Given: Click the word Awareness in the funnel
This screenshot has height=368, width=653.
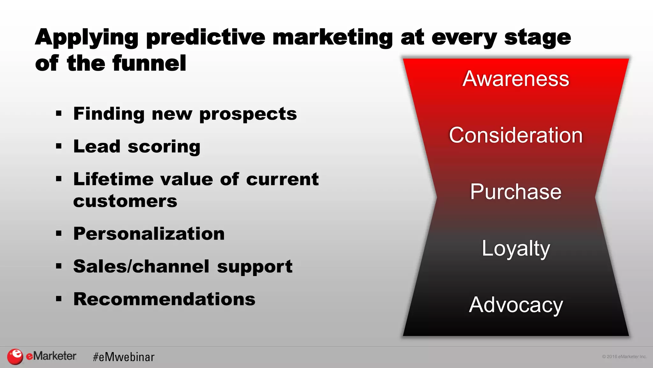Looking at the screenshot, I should pos(516,79).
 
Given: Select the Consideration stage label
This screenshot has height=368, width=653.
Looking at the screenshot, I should pos(516,135).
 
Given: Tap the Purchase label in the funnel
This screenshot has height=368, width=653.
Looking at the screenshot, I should pos(516,192).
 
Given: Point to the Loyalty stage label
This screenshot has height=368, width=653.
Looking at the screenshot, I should pos(516,248).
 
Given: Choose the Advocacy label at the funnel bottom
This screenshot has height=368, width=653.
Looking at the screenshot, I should pos(516,305).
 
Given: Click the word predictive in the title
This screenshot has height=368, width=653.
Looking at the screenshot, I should pos(206,38).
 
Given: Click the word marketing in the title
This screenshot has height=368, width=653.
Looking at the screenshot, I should pos(332,38).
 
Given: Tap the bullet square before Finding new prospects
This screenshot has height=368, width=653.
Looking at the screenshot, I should pos(59,113).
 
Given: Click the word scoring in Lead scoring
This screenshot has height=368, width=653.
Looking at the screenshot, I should pos(164,147).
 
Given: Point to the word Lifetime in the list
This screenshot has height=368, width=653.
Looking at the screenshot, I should pos(113,179).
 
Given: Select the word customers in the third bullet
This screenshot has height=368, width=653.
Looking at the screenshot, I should pos(125,201).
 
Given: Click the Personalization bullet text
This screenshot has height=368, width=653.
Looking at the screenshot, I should pos(149,234).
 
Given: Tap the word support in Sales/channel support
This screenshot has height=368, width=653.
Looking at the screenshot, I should pos(254,267).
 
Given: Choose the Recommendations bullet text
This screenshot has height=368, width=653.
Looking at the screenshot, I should pos(164,299).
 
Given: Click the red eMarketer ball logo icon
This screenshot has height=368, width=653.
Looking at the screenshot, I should pos(15,356).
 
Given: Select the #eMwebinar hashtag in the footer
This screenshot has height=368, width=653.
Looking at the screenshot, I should pos(124,357).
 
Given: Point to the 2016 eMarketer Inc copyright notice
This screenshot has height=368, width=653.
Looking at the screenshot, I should pos(624,356).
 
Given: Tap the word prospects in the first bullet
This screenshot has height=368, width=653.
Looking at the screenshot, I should pos(248,114).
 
